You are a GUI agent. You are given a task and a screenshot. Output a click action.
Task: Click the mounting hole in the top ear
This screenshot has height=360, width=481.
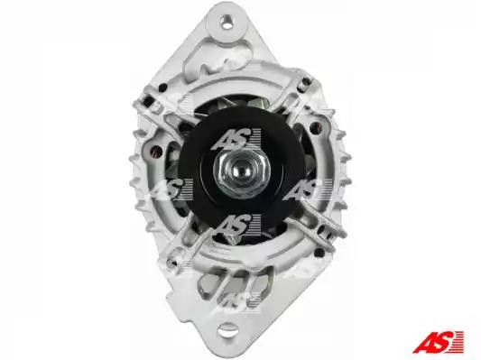point(226,22)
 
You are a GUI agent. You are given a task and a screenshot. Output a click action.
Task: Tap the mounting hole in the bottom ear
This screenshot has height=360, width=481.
point(227,330)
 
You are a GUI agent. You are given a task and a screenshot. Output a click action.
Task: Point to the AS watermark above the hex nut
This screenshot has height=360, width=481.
point(236,139)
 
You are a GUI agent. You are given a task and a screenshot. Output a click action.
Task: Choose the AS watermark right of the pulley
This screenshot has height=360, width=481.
point(308,189)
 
